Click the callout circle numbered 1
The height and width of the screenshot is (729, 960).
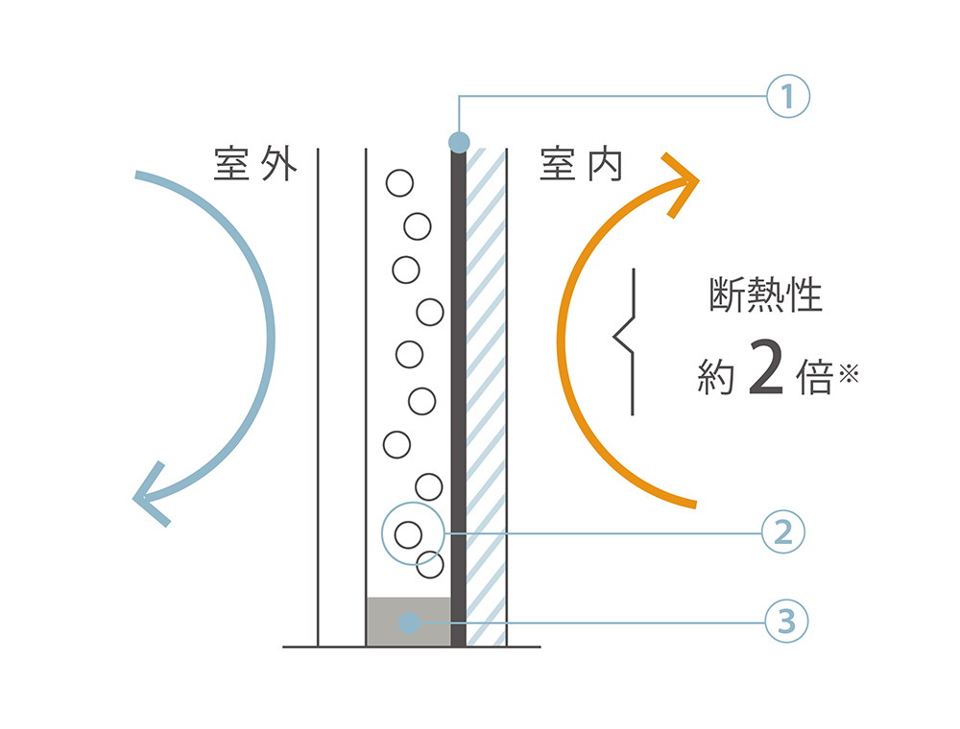click(x=788, y=96)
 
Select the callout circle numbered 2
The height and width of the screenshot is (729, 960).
click(x=782, y=532)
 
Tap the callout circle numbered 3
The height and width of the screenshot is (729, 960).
click(x=786, y=623)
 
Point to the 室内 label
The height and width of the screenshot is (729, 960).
click(x=582, y=164)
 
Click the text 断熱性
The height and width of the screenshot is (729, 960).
click(x=765, y=295)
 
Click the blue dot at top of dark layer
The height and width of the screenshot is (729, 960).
click(x=459, y=143)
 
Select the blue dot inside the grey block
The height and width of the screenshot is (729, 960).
click(x=409, y=623)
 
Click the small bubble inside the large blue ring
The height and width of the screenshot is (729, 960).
click(x=408, y=533)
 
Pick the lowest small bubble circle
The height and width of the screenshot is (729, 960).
click(x=430, y=565)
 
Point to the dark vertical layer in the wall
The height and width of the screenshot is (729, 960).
click(x=458, y=384)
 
